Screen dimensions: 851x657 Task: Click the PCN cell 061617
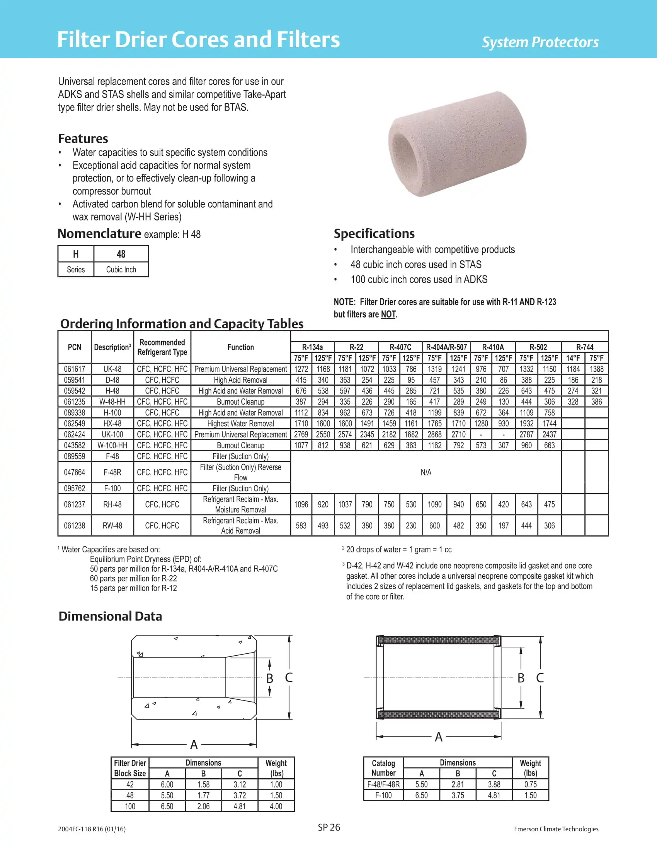[74, 369]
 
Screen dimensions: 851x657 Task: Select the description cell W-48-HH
[112, 402]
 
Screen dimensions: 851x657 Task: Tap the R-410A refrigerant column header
[493, 347]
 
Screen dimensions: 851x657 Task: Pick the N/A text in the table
[426, 472]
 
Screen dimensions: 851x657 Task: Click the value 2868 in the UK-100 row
[434, 434]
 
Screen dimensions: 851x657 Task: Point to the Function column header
[240, 347]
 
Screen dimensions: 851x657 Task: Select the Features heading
[83, 139]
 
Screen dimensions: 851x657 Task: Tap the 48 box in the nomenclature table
[121, 254]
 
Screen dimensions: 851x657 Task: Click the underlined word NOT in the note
[388, 314]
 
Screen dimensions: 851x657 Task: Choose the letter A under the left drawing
[194, 745]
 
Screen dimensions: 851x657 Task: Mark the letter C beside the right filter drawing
[540, 678]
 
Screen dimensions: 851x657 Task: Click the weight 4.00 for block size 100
[276, 806]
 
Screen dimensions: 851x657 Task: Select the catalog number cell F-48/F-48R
[383, 784]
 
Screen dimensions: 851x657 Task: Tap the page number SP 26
[329, 828]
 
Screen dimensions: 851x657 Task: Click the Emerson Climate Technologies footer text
[556, 829]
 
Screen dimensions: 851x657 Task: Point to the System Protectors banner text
[540, 42]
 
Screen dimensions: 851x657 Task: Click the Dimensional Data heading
[110, 617]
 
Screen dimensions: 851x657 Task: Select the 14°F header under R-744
[573, 358]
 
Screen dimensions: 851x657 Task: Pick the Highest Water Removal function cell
[240, 424]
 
